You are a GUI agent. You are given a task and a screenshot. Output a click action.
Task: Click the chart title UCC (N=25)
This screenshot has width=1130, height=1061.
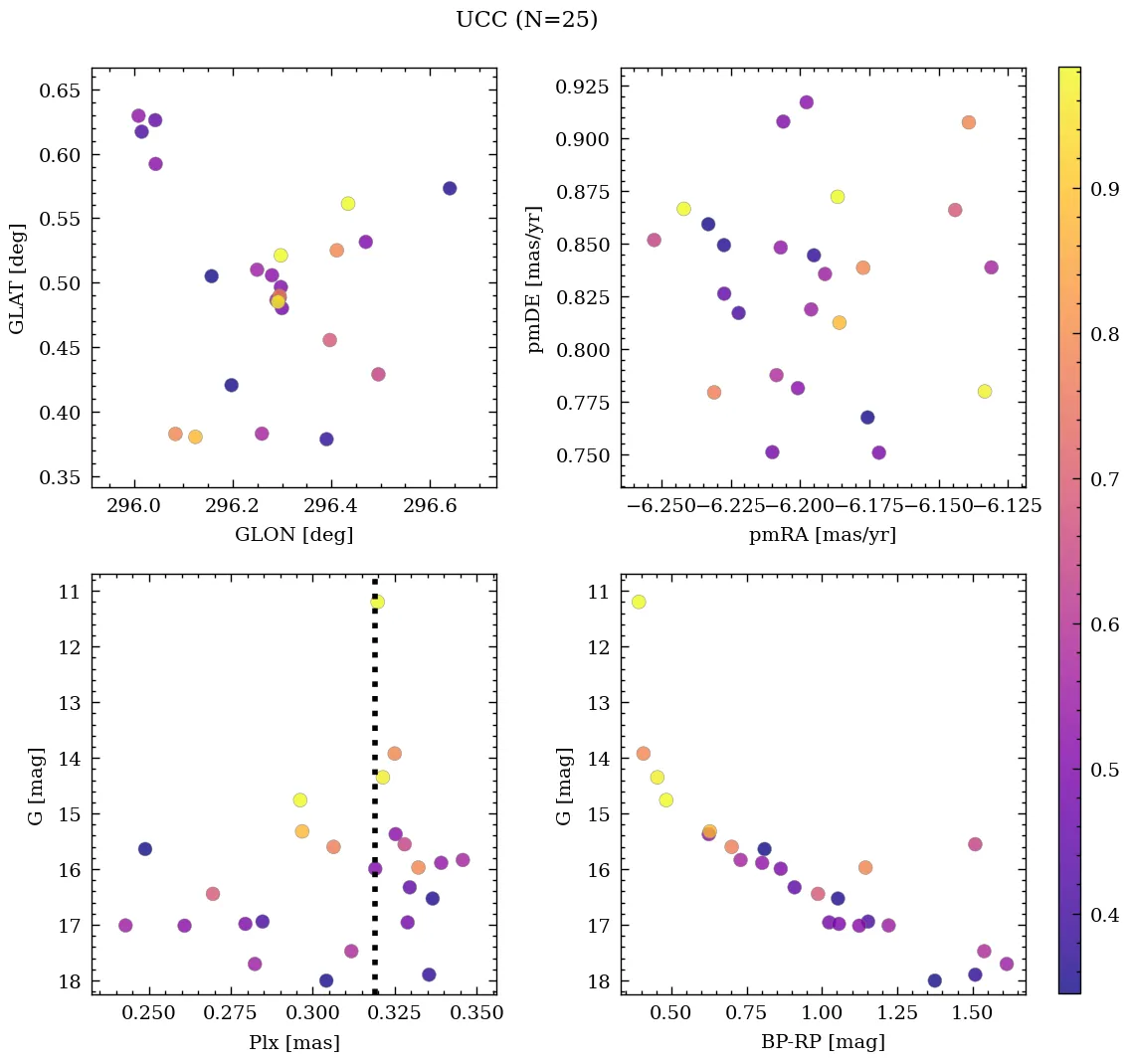click(x=526, y=20)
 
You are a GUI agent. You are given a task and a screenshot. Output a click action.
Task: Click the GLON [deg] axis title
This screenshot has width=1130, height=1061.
click(x=293, y=535)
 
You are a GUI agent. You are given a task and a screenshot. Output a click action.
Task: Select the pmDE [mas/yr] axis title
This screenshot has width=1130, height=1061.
click(x=536, y=277)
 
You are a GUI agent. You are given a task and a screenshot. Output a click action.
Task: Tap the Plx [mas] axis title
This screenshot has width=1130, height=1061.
click(x=293, y=1042)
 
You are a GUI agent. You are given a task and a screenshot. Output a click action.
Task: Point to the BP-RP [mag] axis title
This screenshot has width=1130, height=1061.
click(x=823, y=1042)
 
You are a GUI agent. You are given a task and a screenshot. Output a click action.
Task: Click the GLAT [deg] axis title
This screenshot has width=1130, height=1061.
click(x=16, y=277)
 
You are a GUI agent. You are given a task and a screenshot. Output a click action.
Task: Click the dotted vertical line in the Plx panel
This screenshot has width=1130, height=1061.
click(x=375, y=696)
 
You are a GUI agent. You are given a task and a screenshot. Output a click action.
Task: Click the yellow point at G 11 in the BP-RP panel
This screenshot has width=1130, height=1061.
click(x=639, y=602)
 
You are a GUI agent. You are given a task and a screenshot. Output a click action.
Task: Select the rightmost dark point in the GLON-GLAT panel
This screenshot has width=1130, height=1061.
click(x=450, y=188)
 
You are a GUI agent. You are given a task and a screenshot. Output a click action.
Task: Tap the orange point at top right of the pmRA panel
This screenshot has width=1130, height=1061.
click(x=968, y=122)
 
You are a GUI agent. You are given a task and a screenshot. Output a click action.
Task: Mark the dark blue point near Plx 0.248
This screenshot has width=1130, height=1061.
click(x=145, y=848)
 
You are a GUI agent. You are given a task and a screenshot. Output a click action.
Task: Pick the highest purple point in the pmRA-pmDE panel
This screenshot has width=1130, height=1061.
click(x=806, y=102)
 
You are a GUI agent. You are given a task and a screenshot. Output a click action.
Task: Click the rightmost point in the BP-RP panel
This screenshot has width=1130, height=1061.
click(x=1006, y=964)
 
